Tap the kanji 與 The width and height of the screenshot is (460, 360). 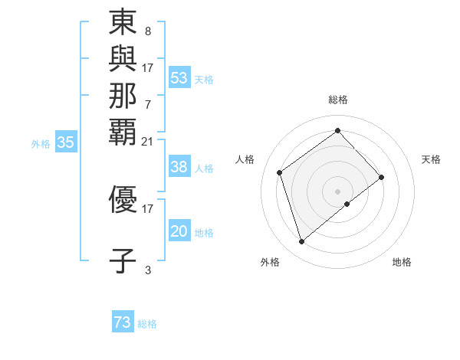123,59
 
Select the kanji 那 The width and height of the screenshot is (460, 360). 123,95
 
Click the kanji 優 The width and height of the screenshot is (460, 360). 123,199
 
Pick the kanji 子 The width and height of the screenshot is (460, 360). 123,260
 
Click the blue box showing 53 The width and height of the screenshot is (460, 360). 179,78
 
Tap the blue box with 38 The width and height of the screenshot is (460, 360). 179,167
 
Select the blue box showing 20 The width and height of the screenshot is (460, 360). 179,231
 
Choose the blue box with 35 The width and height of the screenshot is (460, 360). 66,142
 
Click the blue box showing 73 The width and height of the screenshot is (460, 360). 123,323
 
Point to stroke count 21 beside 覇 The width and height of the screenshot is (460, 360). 148,141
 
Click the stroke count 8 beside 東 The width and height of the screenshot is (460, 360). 147,32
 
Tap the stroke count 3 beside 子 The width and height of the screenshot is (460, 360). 148,270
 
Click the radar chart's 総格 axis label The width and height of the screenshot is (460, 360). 338,100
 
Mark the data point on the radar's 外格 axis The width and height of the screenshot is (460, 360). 302,242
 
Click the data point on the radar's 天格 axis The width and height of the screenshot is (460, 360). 381,177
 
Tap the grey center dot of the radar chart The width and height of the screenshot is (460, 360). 338,190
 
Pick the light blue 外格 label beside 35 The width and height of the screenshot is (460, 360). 41,142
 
